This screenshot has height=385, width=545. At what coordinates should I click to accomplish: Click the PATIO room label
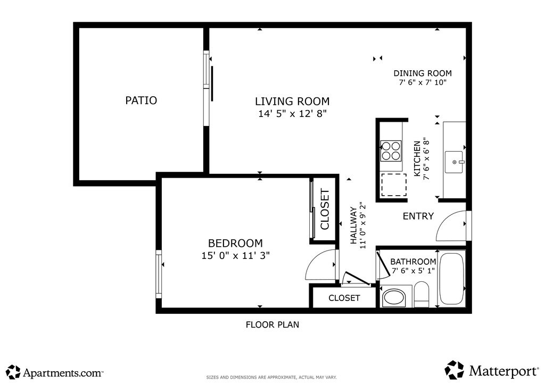[x=141, y=101]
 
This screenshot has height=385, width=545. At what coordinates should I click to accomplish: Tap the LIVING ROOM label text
[x=292, y=102]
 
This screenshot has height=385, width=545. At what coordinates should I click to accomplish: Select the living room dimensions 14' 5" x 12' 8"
[x=292, y=113]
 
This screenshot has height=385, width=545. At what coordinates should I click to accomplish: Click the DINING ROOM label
[x=423, y=73]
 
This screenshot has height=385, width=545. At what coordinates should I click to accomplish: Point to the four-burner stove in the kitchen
[x=391, y=151]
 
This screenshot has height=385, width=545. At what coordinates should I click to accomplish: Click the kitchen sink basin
[x=454, y=162]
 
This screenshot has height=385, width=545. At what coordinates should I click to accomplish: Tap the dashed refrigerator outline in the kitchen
[x=394, y=185]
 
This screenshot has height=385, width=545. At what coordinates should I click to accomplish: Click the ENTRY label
[x=418, y=216]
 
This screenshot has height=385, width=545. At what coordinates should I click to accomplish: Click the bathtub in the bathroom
[x=451, y=279]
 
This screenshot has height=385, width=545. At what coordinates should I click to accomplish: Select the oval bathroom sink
[x=394, y=298]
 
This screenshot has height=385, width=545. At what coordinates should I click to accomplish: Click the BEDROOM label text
[x=235, y=243]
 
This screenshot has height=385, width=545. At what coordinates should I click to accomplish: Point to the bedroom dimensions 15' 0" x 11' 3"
[x=235, y=255]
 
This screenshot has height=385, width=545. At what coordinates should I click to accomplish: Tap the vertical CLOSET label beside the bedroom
[x=325, y=209]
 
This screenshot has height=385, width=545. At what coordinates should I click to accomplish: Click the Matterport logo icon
[x=455, y=370]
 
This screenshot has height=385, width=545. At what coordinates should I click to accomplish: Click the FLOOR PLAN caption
[x=272, y=324]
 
